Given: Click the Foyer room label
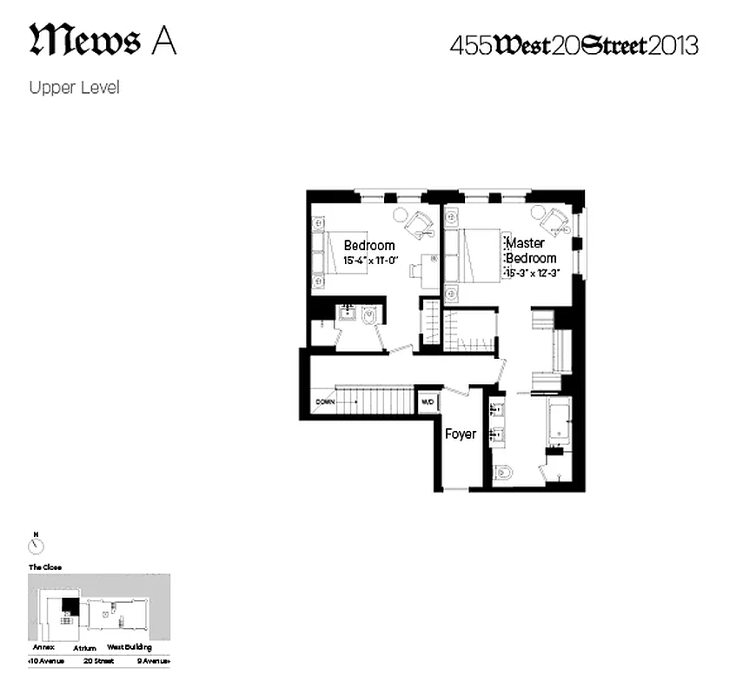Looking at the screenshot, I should click(461, 434).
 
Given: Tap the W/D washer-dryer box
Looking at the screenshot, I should click(428, 402).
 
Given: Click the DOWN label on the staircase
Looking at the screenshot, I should click(325, 402).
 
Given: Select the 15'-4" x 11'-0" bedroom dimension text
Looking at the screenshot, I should click(369, 260).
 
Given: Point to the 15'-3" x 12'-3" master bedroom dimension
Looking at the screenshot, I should click(532, 272).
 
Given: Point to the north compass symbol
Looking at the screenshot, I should click(36, 545).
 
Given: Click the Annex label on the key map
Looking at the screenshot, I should click(43, 647).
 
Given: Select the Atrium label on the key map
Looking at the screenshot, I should click(84, 647).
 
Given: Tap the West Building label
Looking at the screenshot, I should click(129, 647).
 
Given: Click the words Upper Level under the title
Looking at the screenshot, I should click(74, 87).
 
